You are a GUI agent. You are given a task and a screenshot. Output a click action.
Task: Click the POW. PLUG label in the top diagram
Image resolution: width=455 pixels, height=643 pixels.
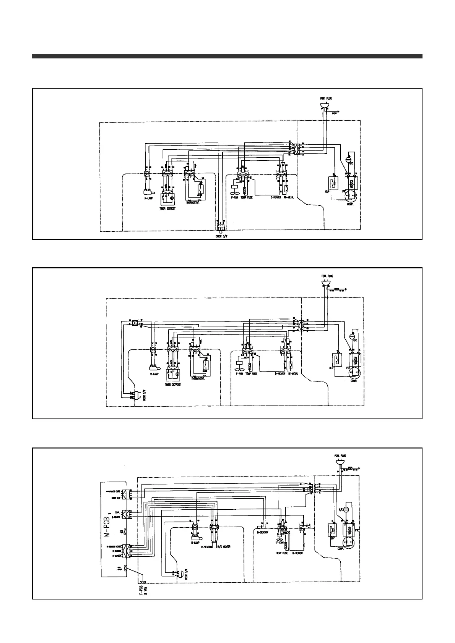(x=326, y=99)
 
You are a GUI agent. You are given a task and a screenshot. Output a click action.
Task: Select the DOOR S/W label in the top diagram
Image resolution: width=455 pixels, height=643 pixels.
(x=221, y=236)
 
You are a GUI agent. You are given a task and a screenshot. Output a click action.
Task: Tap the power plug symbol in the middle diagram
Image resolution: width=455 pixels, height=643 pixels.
(x=326, y=283)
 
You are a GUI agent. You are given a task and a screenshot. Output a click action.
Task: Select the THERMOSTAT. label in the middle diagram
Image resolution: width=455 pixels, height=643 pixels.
(x=197, y=379)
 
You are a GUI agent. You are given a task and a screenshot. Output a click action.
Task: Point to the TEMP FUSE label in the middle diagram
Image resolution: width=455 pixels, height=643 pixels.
(x=251, y=374)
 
